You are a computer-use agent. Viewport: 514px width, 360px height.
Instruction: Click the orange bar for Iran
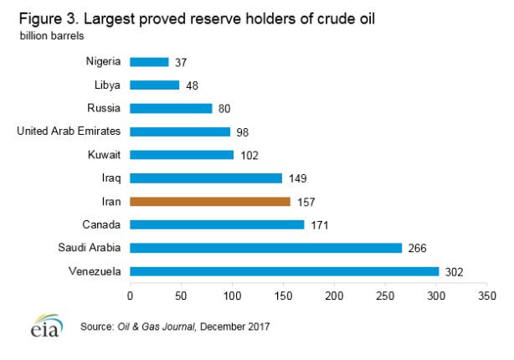(210, 201)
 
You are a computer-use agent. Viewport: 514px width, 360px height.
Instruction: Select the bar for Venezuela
(285, 271)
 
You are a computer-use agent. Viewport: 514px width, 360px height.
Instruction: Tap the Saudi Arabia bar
(266, 248)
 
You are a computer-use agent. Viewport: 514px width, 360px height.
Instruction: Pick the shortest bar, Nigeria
(150, 61)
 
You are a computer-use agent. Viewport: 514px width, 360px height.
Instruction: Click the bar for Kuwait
(182, 155)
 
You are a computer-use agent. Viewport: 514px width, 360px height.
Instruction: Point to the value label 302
(454, 271)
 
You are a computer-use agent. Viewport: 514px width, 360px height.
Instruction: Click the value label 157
(306, 202)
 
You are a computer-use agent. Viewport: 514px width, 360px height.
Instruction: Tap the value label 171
(319, 225)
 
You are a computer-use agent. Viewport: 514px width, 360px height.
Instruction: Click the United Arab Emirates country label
(69, 131)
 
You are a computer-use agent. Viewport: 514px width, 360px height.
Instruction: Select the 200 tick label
(334, 296)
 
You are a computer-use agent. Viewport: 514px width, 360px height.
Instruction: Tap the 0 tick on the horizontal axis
(131, 296)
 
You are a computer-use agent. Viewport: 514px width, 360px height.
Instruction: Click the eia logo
(41, 326)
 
